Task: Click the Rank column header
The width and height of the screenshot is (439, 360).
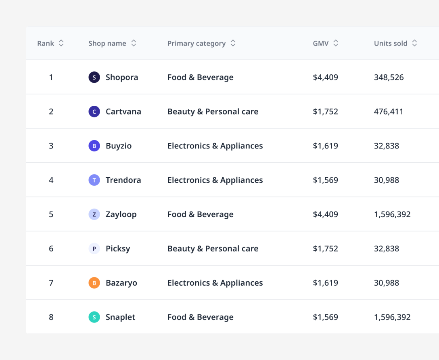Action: tap(46, 43)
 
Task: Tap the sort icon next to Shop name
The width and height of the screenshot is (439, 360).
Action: tap(134, 43)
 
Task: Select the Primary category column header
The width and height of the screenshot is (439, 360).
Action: tap(196, 43)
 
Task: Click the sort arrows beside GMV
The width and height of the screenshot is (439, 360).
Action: tap(336, 43)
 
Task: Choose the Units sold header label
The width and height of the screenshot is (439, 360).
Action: tap(390, 43)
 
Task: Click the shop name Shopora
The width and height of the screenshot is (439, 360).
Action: tap(122, 77)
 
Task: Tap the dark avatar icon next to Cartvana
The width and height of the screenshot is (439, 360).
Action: tap(94, 111)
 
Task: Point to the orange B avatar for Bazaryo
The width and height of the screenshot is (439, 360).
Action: tap(94, 283)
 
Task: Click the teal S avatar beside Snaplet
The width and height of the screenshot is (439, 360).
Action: tap(94, 317)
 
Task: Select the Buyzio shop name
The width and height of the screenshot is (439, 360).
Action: tap(119, 146)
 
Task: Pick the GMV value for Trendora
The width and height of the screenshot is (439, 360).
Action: tap(325, 180)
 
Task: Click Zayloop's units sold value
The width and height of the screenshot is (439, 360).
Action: tap(392, 214)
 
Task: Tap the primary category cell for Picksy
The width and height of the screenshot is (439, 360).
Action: tap(213, 249)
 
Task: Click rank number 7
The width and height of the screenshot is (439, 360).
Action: tap(51, 283)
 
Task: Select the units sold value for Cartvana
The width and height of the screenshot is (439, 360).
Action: tap(389, 111)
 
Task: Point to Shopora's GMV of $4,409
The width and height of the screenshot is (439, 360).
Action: tap(325, 77)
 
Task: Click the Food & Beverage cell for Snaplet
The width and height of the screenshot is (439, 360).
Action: tap(200, 317)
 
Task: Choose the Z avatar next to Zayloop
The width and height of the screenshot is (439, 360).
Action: tap(94, 214)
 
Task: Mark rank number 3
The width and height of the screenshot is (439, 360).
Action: tap(51, 146)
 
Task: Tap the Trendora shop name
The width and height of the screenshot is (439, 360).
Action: tap(123, 180)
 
